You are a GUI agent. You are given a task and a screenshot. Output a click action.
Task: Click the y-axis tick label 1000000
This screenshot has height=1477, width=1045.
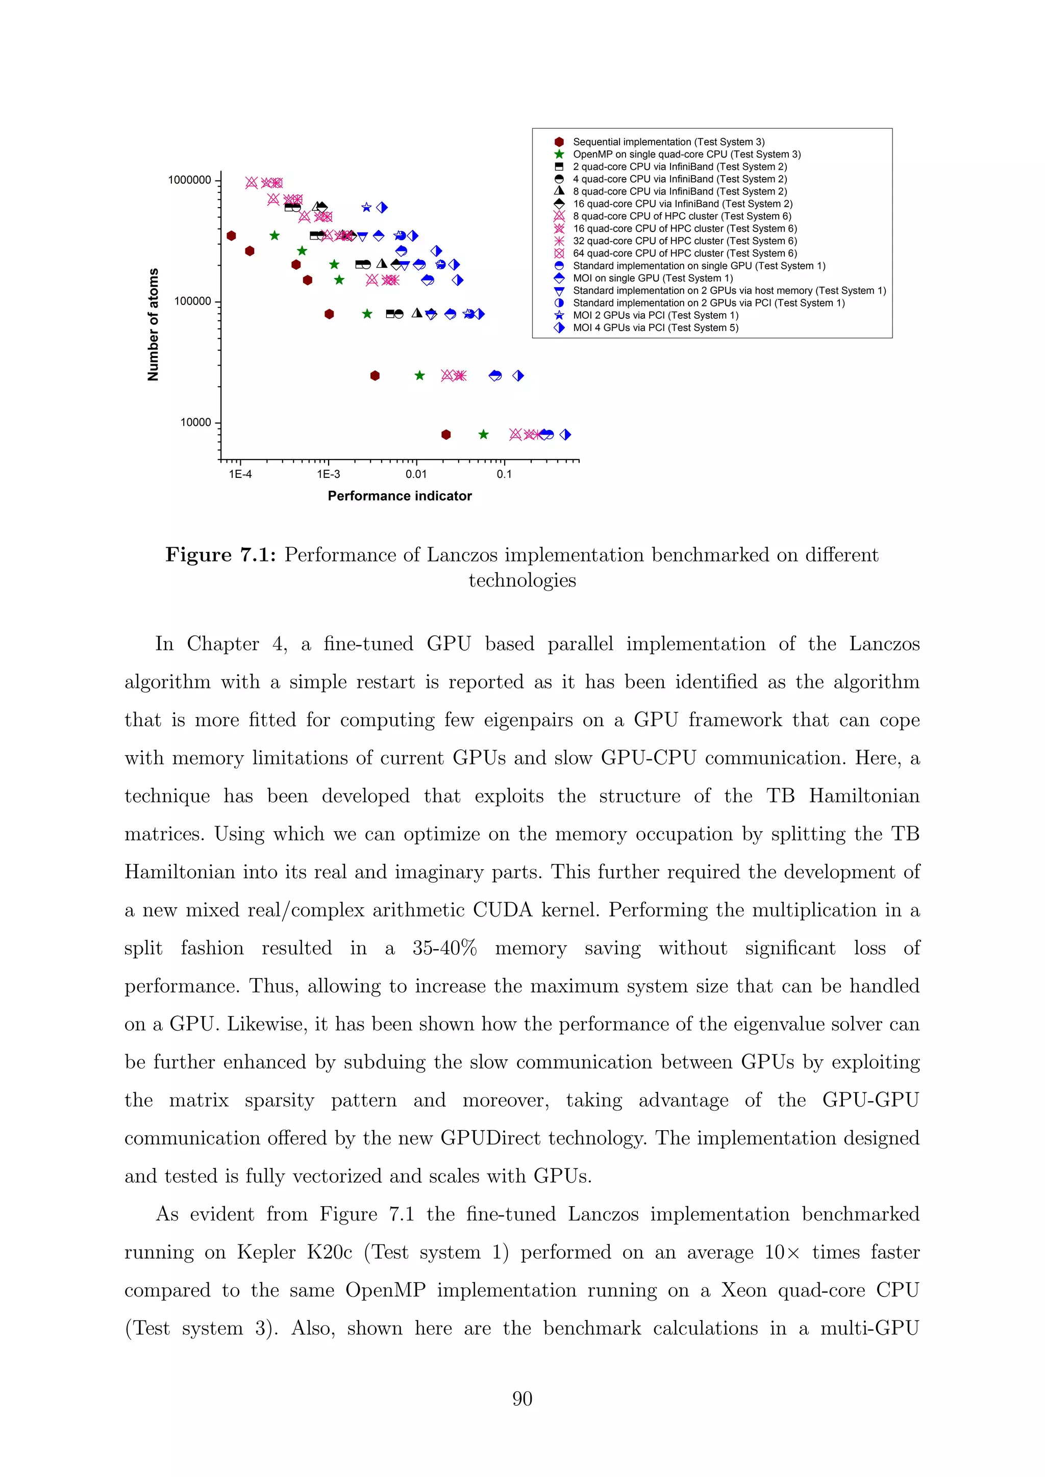pyautogui.click(x=189, y=180)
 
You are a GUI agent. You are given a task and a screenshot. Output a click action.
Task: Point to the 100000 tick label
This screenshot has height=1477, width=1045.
pyautogui.click(x=192, y=301)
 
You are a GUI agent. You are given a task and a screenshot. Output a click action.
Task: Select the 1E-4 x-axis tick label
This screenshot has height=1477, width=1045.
pyautogui.click(x=240, y=475)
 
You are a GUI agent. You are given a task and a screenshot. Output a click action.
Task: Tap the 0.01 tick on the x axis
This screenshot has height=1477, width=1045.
pyautogui.click(x=416, y=475)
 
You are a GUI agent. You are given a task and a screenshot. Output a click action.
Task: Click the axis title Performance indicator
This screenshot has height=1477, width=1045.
pyautogui.click(x=399, y=496)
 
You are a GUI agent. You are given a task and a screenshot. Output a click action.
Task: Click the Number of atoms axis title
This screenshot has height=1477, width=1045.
pyautogui.click(x=153, y=324)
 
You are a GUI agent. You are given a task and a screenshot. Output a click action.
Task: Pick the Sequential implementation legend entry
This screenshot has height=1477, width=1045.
pyautogui.click(x=668, y=142)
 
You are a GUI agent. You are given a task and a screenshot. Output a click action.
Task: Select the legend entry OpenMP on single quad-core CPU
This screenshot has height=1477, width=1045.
pyautogui.click(x=686, y=155)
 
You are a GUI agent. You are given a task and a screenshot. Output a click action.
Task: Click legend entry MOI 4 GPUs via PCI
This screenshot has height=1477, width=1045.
pyautogui.click(x=655, y=328)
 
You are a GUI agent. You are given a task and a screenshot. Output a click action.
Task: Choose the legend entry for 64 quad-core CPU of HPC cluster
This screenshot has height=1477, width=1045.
pyautogui.click(x=684, y=253)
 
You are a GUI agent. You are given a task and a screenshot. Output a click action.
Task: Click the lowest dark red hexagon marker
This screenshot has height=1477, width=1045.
pyautogui.click(x=446, y=435)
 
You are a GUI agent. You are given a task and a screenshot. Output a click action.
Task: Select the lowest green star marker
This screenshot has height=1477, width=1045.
pyautogui.click(x=483, y=435)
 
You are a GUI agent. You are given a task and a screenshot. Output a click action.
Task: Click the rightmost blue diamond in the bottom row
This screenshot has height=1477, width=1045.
pyautogui.click(x=565, y=435)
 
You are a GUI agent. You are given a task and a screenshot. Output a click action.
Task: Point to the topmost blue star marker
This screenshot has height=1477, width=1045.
pyautogui.click(x=366, y=207)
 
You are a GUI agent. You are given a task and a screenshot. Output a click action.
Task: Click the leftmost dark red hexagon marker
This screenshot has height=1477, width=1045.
pyautogui.click(x=232, y=236)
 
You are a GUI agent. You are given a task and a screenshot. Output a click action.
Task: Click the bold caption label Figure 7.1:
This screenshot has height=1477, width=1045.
pyautogui.click(x=221, y=555)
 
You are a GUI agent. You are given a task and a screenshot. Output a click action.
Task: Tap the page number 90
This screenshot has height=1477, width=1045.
pyautogui.click(x=522, y=1398)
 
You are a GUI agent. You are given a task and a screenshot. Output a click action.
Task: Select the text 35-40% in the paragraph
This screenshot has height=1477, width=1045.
pyautogui.click(x=444, y=948)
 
